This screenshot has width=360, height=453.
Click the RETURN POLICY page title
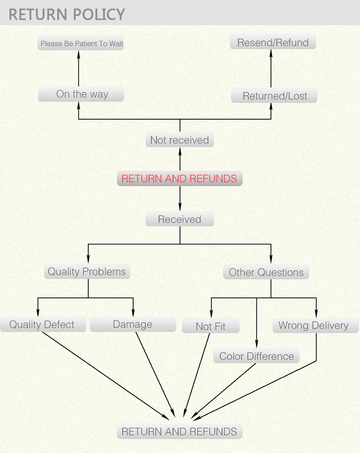pos(67,14)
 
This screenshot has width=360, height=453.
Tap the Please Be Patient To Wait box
pos(81,44)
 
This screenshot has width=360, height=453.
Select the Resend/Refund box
pos(273,43)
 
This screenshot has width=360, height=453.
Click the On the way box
pos(81,94)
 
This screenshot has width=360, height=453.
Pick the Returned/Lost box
pos(274,96)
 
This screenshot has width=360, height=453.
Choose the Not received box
pos(180,140)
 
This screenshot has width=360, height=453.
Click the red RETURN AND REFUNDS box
pos(179,179)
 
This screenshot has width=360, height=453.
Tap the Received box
pos(180,220)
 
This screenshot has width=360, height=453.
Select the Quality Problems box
pos(87,272)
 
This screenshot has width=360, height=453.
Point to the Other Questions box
pos(266,272)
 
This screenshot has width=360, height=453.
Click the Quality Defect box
pos(42,325)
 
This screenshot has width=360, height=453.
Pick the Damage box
pos(132,324)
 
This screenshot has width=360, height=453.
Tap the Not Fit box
pos(211,327)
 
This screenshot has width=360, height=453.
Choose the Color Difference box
pos(256,356)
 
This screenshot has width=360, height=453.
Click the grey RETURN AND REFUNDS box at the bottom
pos(179,431)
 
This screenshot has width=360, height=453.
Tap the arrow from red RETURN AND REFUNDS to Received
pos(180,198)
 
